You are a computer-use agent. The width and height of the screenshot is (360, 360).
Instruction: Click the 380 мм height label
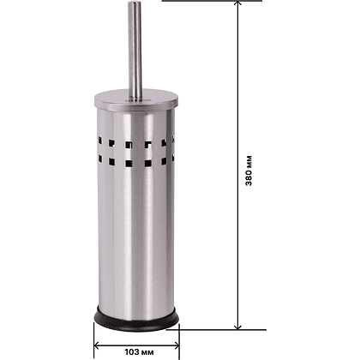click(249, 171)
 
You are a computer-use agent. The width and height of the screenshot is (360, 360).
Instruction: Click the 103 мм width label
click(139, 351)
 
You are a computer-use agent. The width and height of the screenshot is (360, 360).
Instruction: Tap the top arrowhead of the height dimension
click(237, 3)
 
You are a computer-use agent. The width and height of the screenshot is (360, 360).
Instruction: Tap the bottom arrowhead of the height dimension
click(237, 327)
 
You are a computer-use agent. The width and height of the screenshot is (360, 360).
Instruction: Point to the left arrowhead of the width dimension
click(97, 345)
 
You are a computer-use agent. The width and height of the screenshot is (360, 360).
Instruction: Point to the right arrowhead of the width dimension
click(177, 345)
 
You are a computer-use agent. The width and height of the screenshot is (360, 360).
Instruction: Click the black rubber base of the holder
click(136, 320)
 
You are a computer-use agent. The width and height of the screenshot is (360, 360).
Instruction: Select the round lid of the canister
click(136, 100)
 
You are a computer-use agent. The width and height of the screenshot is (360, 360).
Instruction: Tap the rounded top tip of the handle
click(135, 3)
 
